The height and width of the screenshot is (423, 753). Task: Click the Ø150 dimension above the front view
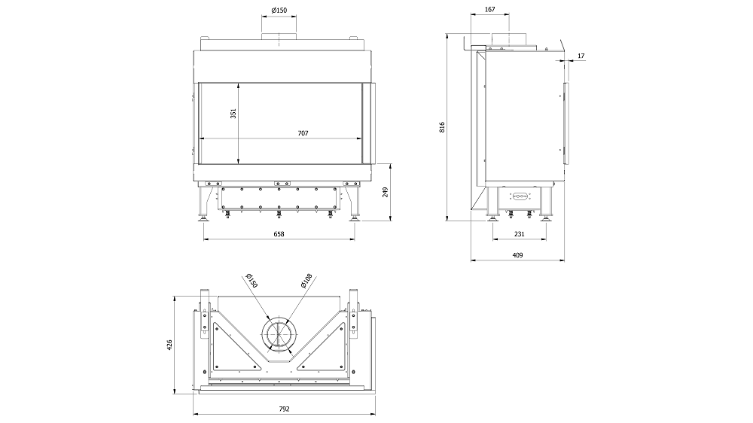coord(279,10)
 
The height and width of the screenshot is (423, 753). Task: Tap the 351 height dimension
coord(233,113)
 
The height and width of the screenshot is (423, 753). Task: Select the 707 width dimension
coord(303,133)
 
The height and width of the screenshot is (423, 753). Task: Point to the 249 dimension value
coord(385,193)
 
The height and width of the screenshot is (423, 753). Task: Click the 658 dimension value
coord(279,235)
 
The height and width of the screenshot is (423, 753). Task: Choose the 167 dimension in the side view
coord(489,10)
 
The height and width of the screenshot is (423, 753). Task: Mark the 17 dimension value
coord(582,56)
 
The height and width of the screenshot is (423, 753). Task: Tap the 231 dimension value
coord(520,235)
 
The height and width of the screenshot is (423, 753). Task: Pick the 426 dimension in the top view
coord(170,344)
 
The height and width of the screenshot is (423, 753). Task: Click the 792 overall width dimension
coord(284,409)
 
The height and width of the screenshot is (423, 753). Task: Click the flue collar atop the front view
coord(279,41)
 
